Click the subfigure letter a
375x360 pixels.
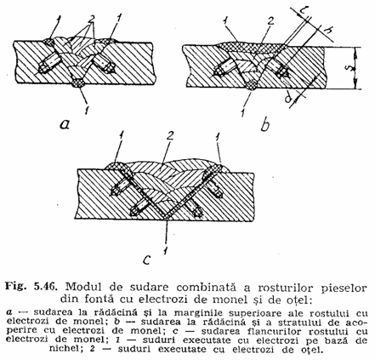coord(65,124)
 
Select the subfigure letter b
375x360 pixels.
coord(265,125)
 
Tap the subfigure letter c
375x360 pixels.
coord(146,260)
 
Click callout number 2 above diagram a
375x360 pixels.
coord(91,20)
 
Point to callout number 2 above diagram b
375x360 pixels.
coord(270,21)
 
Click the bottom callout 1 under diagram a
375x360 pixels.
coord(87,108)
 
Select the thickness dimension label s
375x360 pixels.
coord(344,69)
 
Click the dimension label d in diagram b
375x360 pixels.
coord(288,100)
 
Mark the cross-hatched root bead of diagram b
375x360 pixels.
coord(252,85)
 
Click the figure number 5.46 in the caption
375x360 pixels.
coord(45,287)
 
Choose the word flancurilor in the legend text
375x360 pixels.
coord(277,331)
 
